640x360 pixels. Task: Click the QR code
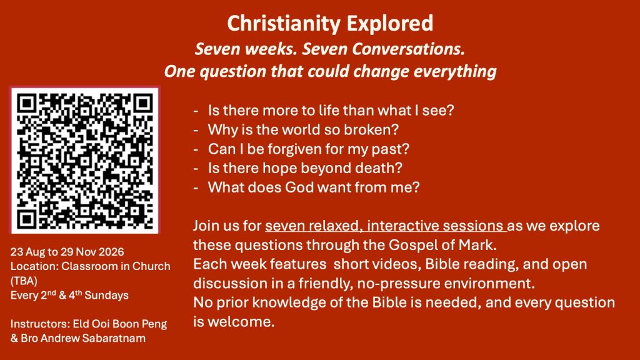coord(85,160)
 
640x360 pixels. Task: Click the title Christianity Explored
coord(330,23)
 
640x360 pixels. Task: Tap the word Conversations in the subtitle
coord(408,49)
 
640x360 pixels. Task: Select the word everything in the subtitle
coord(455,71)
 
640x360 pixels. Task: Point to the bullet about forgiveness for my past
coord(309,149)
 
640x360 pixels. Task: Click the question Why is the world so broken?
coord(303,130)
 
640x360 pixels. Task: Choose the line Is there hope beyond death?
coord(305,168)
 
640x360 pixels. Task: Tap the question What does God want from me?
coord(314,187)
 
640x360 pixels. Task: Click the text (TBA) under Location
coord(24,281)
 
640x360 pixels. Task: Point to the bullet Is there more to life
coord(331,110)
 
